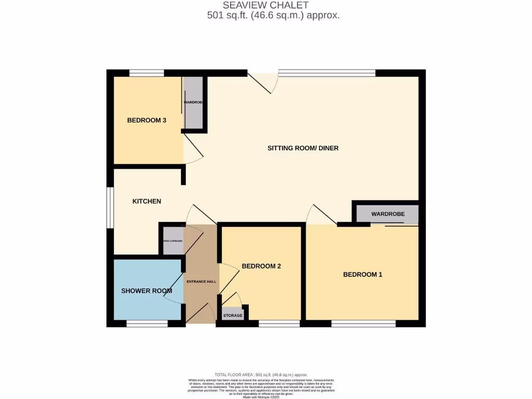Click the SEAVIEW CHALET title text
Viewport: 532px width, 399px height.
[x=265, y=5]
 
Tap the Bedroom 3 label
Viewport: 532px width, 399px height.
[x=147, y=121]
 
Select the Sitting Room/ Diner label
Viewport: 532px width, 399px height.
[x=303, y=148]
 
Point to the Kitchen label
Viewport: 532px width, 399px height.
[x=147, y=201]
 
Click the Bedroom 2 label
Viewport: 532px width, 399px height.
[x=261, y=266]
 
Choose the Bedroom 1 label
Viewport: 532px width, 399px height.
[x=363, y=274]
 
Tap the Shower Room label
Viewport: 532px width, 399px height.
[x=147, y=291]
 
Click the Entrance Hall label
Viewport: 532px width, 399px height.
[x=201, y=282]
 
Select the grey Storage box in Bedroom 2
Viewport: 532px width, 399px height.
[x=233, y=314]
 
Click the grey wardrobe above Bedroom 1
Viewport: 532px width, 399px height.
[x=388, y=214]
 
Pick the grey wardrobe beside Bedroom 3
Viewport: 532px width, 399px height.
[x=193, y=103]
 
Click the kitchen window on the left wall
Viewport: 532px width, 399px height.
[x=110, y=207]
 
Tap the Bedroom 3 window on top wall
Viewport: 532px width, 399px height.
[x=147, y=73]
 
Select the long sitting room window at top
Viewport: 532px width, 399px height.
[x=327, y=73]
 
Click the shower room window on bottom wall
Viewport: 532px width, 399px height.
[x=147, y=324]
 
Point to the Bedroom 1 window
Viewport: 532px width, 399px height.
[x=363, y=324]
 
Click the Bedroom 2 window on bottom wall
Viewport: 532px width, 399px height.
[x=279, y=324]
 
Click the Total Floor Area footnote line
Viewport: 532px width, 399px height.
[x=261, y=375]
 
